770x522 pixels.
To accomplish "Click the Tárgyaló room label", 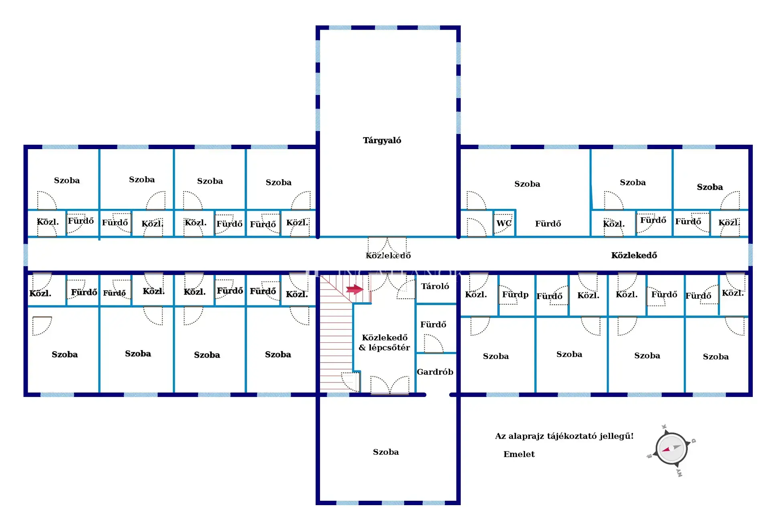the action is tap(382, 140).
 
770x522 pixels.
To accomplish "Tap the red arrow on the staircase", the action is tap(355, 289).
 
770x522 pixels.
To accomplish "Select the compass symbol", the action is tap(671, 449).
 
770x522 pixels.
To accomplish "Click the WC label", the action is tap(504, 223).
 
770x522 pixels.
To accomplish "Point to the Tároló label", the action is tap(435, 286).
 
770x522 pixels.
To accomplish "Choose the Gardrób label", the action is tap(435, 372).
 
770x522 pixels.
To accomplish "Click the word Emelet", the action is tap(519, 454).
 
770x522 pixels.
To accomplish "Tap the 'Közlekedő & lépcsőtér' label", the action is tap(384, 343).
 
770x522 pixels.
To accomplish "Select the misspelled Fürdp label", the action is tap(515, 295).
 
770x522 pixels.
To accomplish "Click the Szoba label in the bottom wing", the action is tap(386, 452).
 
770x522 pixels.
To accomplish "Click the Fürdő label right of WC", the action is tap(548, 224).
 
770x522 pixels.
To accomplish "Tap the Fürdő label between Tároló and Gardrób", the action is tap(433, 324).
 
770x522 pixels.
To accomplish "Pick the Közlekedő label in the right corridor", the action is tap(634, 255).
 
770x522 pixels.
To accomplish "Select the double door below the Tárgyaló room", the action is tap(387, 245).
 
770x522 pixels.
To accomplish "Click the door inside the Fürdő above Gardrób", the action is tap(434, 344).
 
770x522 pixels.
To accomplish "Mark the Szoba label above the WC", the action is tap(527, 184).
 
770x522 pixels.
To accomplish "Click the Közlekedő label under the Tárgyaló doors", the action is tap(388, 256).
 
